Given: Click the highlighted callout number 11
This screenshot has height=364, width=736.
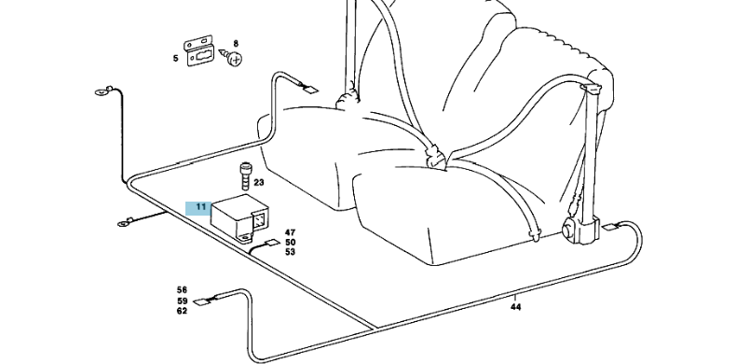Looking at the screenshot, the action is pyautogui.click(x=201, y=207).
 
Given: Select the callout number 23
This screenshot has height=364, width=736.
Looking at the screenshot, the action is pyautogui.click(x=259, y=183).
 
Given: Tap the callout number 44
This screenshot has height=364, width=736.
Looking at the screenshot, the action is pyautogui.click(x=515, y=307).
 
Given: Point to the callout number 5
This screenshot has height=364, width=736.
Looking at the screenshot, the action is pyautogui.click(x=175, y=58).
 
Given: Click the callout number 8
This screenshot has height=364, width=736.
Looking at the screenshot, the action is pyautogui.click(x=236, y=44).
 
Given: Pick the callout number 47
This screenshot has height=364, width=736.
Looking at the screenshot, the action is pyautogui.click(x=290, y=232).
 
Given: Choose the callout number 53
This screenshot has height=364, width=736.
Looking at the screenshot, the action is pyautogui.click(x=290, y=252).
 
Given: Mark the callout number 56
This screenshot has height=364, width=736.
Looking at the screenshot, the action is pyautogui.click(x=182, y=290).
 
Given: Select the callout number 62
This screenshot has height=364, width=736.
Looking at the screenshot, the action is pyautogui.click(x=182, y=311).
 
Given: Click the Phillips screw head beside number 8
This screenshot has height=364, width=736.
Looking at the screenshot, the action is pyautogui.click(x=236, y=60).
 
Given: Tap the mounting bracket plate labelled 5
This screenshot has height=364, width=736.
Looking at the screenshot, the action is pyautogui.click(x=199, y=51).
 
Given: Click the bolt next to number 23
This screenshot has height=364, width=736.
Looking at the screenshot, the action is pyautogui.click(x=244, y=175).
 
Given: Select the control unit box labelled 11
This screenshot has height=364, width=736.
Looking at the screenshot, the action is pyautogui.click(x=239, y=218).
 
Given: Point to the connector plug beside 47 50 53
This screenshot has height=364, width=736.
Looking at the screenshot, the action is pyautogui.click(x=271, y=244).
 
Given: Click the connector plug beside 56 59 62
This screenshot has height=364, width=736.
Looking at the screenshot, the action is pyautogui.click(x=202, y=301).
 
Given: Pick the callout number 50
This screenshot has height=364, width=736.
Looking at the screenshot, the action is pyautogui.click(x=290, y=242).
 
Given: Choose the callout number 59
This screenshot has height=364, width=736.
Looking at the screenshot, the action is pyautogui.click(x=182, y=301).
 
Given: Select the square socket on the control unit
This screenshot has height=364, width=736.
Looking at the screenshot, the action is pyautogui.click(x=260, y=219).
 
